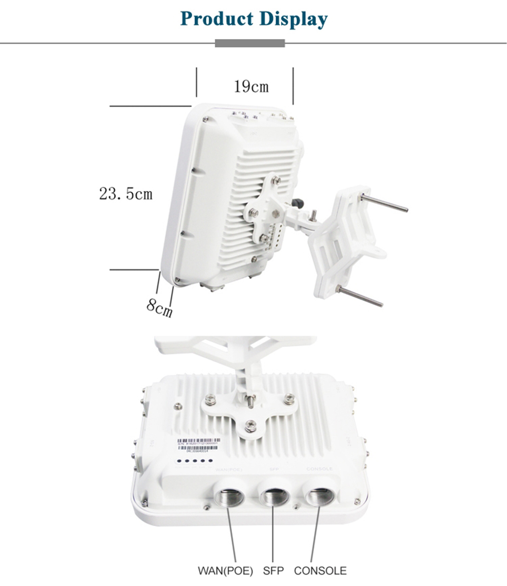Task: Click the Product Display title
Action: [253, 19]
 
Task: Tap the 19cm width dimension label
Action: [251, 87]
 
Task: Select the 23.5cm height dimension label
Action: [126, 194]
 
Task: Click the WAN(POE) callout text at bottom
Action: [225, 571]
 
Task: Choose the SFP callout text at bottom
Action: [273, 571]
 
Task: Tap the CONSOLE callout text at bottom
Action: [320, 571]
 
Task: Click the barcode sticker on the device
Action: [198, 445]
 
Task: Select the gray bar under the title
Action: [249, 43]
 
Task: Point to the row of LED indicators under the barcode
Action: [192, 461]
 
